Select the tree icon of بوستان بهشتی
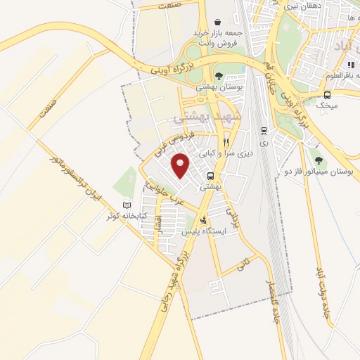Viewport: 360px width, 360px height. pyautogui.click(x=219, y=75)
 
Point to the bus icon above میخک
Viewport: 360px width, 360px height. pyautogui.click(x=327, y=95)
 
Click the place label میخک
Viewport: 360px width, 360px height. pyautogui.click(x=327, y=105)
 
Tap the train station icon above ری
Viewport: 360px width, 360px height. pyautogui.click(x=264, y=131)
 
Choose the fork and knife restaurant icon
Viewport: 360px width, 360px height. pyautogui.click(x=226, y=141)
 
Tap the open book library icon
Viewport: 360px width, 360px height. pyautogui.click(x=127, y=205)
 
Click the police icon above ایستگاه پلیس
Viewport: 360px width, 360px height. pyautogui.click(x=204, y=220)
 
